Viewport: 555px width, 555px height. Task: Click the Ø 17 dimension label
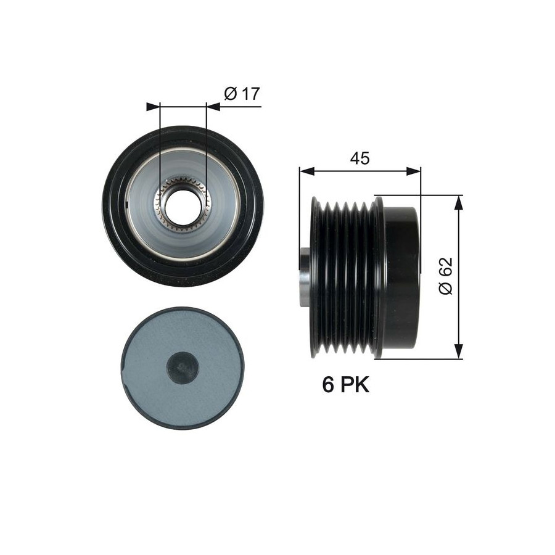pos(242,94)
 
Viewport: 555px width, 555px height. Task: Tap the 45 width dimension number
pos(360,158)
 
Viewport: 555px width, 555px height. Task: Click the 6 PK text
pos(345,384)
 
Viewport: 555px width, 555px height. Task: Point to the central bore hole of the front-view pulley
pos(183,207)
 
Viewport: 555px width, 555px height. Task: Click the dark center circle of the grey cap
pos(183,369)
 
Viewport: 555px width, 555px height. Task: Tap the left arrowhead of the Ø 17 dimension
pos(154,107)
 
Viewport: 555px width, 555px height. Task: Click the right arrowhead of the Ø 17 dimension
pos(213,107)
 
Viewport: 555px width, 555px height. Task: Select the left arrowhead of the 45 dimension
pos(307,171)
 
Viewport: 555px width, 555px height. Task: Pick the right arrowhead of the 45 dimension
pos(414,171)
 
